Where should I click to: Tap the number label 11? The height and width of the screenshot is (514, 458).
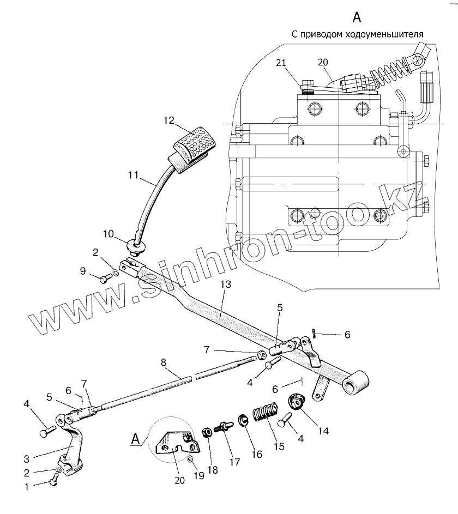coord(134,176)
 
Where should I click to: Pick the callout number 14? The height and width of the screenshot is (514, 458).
coord(324,431)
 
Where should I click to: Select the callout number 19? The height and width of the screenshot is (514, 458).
coord(199,475)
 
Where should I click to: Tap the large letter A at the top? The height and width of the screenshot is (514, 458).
coord(357,17)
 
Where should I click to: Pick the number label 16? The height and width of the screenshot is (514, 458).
coord(257,453)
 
